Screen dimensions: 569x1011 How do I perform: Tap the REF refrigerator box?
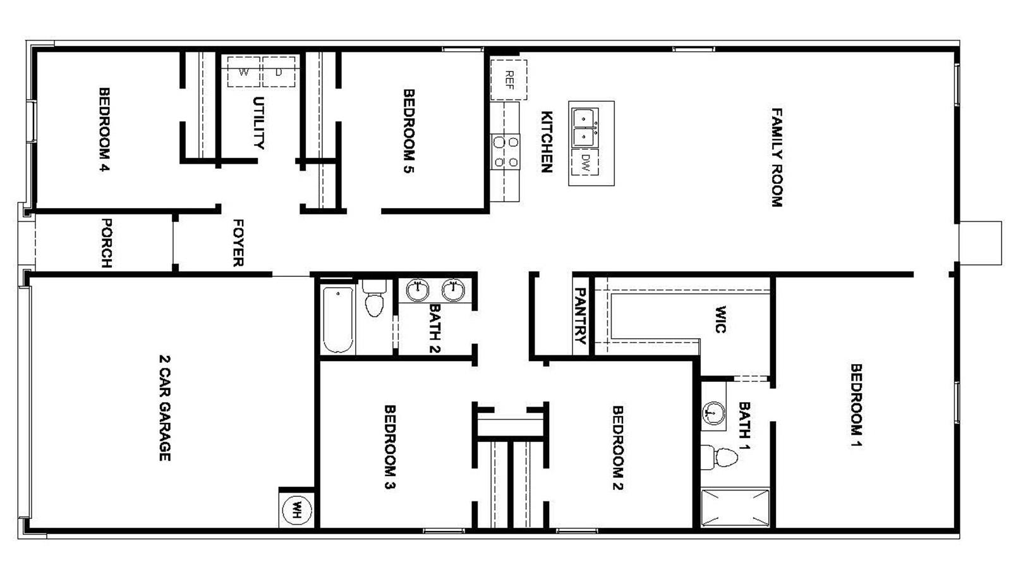[x=509, y=80]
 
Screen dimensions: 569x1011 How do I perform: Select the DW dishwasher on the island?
[x=586, y=163]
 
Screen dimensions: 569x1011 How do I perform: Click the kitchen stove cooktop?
[x=505, y=152]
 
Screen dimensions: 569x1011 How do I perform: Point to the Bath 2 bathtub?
[x=339, y=319]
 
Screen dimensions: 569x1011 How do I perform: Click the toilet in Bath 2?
[x=375, y=300]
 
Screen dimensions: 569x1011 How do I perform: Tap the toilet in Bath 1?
[x=720, y=457]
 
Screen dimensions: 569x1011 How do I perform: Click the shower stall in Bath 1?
[x=736, y=508]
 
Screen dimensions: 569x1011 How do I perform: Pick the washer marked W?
[x=243, y=71]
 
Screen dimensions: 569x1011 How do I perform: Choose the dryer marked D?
[x=279, y=71]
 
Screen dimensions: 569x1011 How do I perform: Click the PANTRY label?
[x=581, y=315]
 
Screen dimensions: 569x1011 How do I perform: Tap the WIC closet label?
[x=721, y=319]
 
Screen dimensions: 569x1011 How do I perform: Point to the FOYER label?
[x=238, y=243]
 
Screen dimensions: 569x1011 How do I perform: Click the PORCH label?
[x=107, y=243]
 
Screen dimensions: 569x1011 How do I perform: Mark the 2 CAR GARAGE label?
[x=164, y=407]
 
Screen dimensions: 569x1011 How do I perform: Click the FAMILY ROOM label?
[x=777, y=157]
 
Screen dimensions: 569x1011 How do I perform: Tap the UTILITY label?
[x=258, y=123]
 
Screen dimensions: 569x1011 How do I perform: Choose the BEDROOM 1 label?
[x=856, y=405]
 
